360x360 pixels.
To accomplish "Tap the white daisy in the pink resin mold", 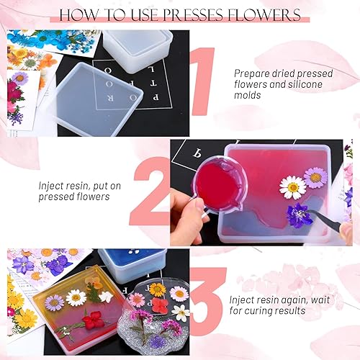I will coord(292,186).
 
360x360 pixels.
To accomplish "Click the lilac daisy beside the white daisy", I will coord(315,176).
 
